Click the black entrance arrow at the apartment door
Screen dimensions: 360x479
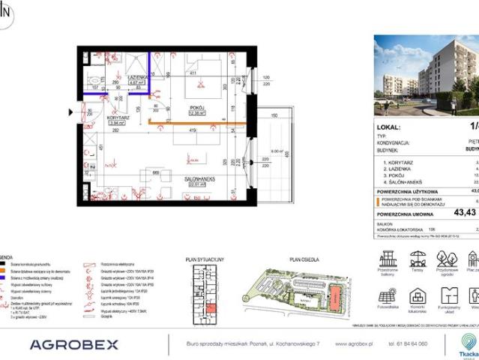coord(70,112)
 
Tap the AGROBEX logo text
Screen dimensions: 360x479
coord(73,344)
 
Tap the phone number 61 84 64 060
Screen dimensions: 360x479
coord(409,344)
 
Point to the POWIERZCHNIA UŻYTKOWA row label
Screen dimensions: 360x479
coord(405,191)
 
